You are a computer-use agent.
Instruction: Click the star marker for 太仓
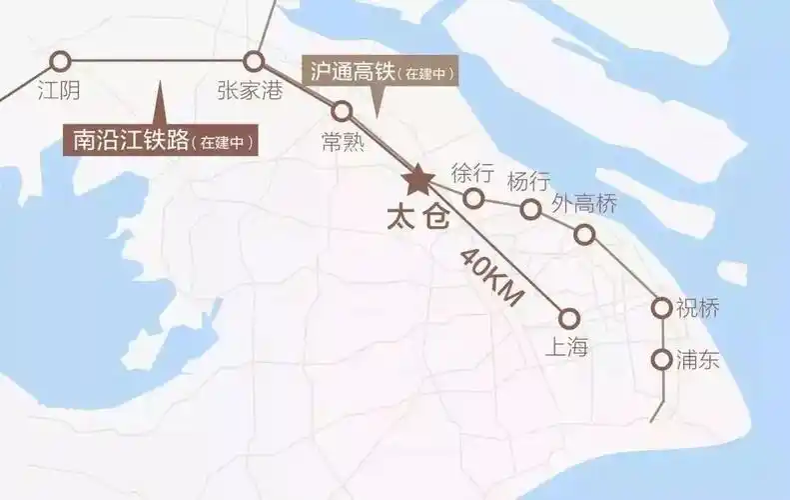pyautogui.click(x=416, y=180)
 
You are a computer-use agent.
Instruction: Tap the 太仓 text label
pyautogui.click(x=418, y=219)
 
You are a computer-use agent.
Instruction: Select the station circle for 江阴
pyautogui.click(x=60, y=61)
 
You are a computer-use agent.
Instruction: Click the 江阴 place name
pyautogui.click(x=58, y=92)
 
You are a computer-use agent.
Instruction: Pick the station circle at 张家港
pyautogui.click(x=255, y=61)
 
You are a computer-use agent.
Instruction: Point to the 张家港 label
pyautogui.click(x=250, y=91)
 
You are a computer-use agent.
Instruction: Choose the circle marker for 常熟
pyautogui.click(x=342, y=111)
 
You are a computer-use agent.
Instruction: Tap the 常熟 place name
pyautogui.click(x=343, y=142)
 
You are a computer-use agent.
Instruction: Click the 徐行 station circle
pyautogui.click(x=474, y=198)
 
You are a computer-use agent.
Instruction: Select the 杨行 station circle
pyautogui.click(x=531, y=208)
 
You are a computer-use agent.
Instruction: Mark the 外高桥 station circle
pyautogui.click(x=584, y=235)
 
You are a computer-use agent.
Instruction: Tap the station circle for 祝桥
pyautogui.click(x=661, y=308)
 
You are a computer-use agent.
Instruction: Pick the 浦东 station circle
pyautogui.click(x=661, y=359)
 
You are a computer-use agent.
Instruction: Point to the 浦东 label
pyautogui.click(x=697, y=360)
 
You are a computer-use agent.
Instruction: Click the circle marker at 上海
pyautogui.click(x=569, y=318)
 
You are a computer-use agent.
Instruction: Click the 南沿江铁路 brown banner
pyautogui.click(x=160, y=140)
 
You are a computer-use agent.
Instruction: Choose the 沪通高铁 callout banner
pyautogui.click(x=381, y=73)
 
